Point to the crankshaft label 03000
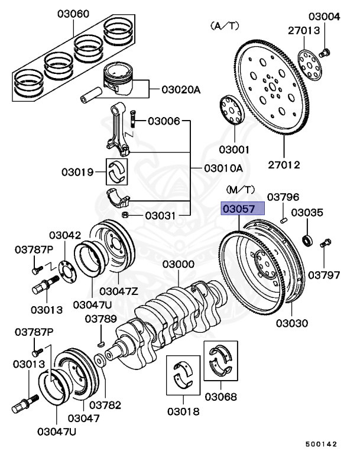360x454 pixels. click(179, 264)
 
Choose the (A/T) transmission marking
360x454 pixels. click(224, 26)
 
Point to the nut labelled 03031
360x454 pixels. click(125, 215)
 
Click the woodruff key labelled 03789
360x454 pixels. click(100, 342)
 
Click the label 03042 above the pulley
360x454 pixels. click(65, 235)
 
